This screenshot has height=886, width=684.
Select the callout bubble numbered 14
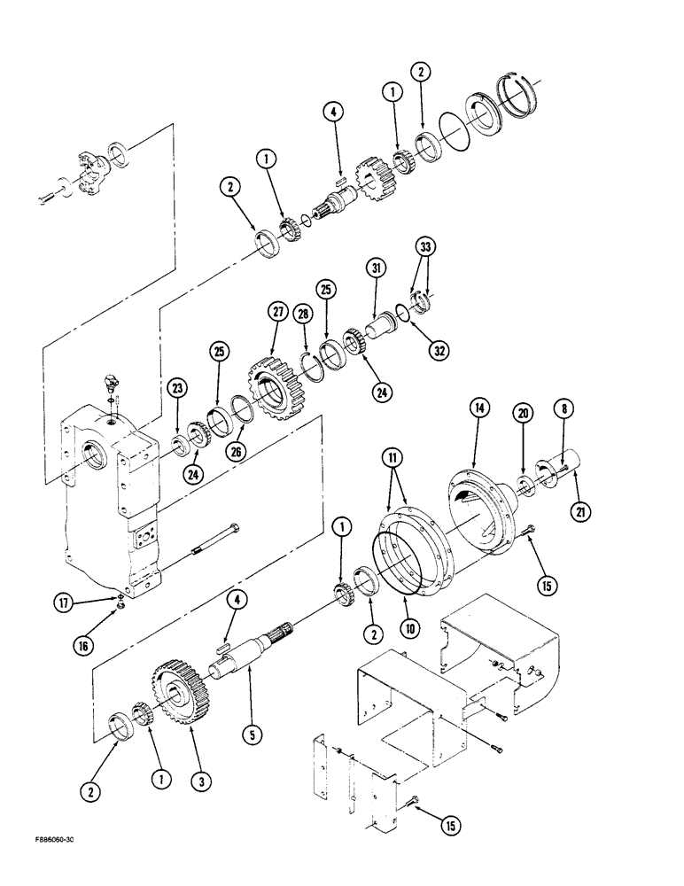(479, 408)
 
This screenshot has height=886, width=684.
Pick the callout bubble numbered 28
(304, 315)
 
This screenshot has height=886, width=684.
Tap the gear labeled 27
(273, 377)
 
